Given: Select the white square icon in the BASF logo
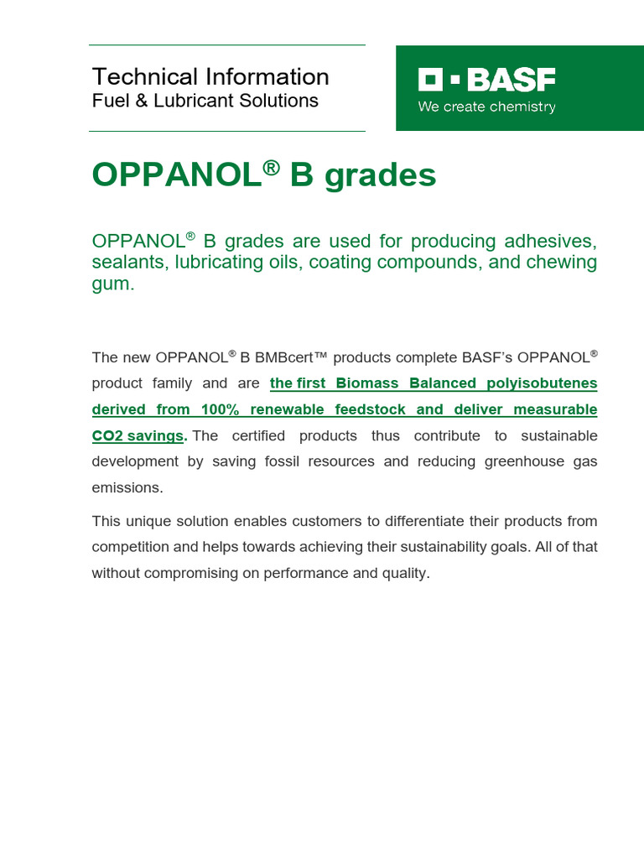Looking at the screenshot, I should click(x=430, y=81).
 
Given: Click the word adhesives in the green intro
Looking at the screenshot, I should click(x=551, y=242).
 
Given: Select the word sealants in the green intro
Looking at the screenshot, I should click(x=127, y=263).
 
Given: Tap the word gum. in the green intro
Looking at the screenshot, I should click(x=113, y=284).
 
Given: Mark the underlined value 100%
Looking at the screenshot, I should click(x=221, y=410).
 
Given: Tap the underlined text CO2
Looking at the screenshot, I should click(x=107, y=436).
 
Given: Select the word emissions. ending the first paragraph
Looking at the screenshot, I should click(x=126, y=488).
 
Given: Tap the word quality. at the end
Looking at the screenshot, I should click(x=403, y=574).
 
